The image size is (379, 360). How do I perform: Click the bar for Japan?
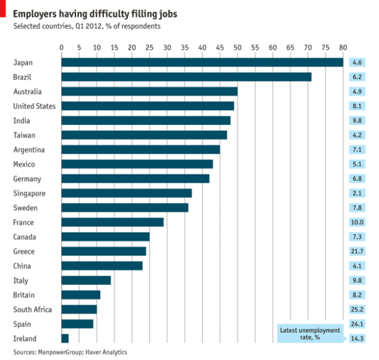pos(202,62)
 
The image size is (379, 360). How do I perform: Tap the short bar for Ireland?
pos(65,338)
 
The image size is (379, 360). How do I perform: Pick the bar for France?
pos(112,222)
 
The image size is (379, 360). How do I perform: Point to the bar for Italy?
pos(86,280)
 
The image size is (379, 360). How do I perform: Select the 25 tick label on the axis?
pos(149,47)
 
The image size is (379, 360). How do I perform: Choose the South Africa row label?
pos(32,310)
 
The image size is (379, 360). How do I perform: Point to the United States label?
pos(34,106)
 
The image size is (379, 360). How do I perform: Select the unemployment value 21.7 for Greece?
pos(357,251)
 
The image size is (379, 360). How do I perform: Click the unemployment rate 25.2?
pos(357,310)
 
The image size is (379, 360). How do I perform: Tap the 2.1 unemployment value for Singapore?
pos(357,193)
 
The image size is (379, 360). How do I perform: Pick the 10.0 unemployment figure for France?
pos(357,222)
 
